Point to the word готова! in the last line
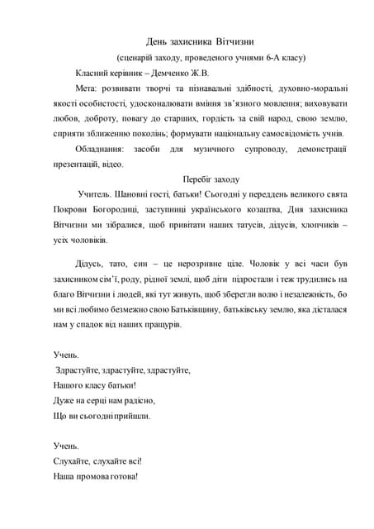118,477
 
